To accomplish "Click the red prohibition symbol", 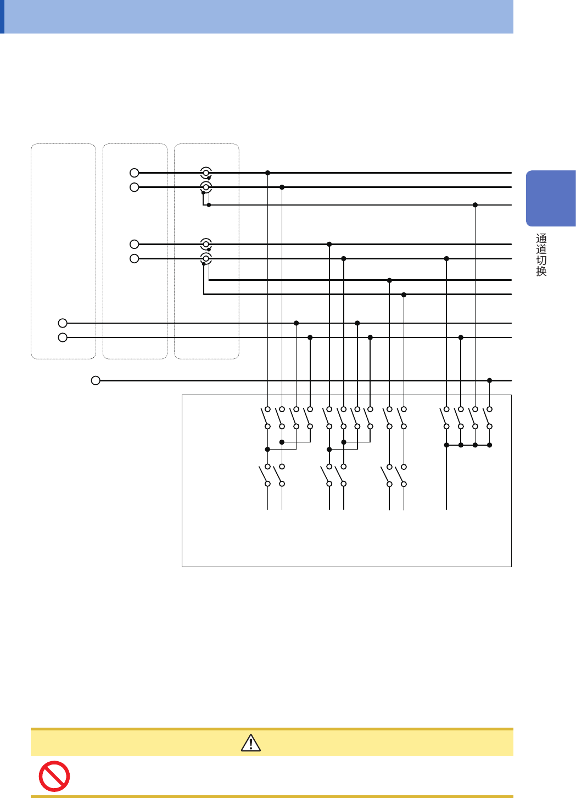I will click(54, 776).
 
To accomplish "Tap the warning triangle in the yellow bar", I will click(251, 742).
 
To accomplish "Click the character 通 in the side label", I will click(541, 239).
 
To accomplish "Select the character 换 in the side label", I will click(541, 271).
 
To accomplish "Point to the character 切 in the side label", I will click(541, 261).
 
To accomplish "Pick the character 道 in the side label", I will click(541, 250).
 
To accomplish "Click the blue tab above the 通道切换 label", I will click(551, 198).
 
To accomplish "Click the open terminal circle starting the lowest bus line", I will click(96, 380).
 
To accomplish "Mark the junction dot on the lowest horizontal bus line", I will click(489, 380).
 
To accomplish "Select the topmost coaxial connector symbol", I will click(206, 173).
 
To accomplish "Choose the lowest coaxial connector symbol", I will click(206, 258).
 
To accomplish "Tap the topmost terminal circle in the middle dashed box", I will click(135, 173).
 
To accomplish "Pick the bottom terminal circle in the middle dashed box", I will click(135, 258).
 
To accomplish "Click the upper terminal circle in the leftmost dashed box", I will click(63, 323).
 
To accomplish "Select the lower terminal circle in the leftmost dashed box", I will click(63, 337).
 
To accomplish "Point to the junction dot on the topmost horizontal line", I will click(267, 173).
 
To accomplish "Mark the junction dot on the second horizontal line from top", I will click(282, 187).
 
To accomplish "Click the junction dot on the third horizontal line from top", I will click(475, 205).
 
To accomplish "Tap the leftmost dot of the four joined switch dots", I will click(446, 445).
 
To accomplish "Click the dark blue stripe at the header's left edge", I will click(2, 16).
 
